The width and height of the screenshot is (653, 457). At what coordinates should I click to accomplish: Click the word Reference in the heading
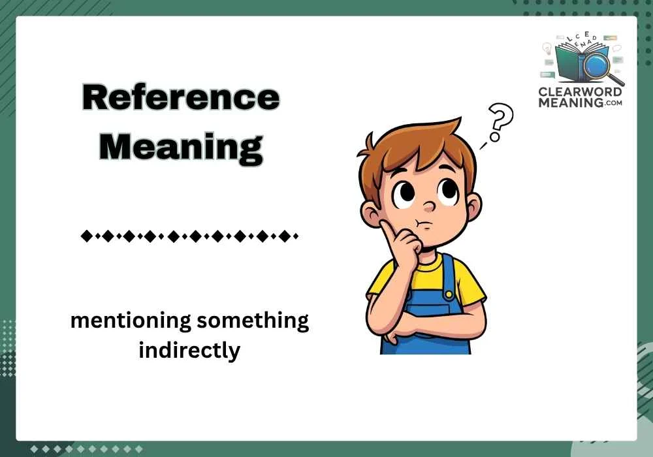pyautogui.click(x=181, y=99)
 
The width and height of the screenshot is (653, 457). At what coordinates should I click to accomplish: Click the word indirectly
pyautogui.click(x=189, y=351)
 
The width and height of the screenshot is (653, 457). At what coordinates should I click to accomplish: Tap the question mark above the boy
pyautogui.click(x=501, y=121)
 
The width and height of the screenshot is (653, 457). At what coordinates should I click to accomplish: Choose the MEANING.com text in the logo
pyautogui.click(x=581, y=102)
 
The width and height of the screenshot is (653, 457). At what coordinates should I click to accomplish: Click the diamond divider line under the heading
pyautogui.click(x=189, y=236)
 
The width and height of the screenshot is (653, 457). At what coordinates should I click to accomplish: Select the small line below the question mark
pyautogui.click(x=484, y=146)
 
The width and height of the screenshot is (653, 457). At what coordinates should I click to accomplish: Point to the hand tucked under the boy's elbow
pyautogui.click(x=390, y=338)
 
